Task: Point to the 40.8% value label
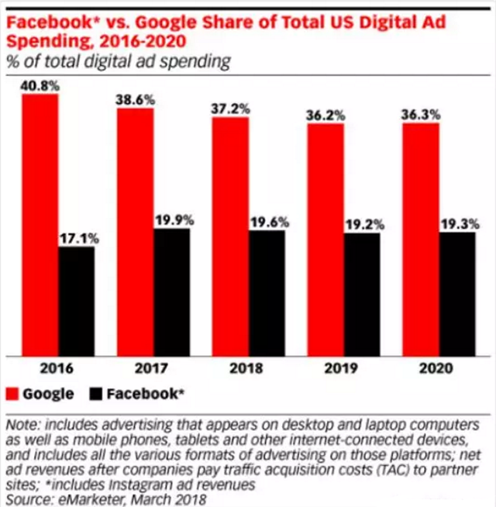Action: (41, 85)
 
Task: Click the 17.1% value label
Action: (77, 238)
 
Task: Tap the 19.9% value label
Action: (172, 220)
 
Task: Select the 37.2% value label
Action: (230, 109)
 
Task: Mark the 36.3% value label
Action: (421, 114)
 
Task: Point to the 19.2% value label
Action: (363, 225)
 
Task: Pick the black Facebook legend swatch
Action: (95, 393)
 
